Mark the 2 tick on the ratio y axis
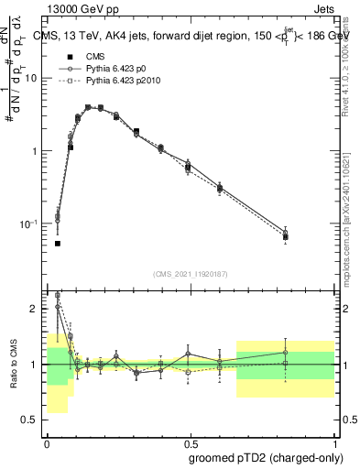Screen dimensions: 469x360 pos(37,309)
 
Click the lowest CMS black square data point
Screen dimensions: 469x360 pos(58,244)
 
